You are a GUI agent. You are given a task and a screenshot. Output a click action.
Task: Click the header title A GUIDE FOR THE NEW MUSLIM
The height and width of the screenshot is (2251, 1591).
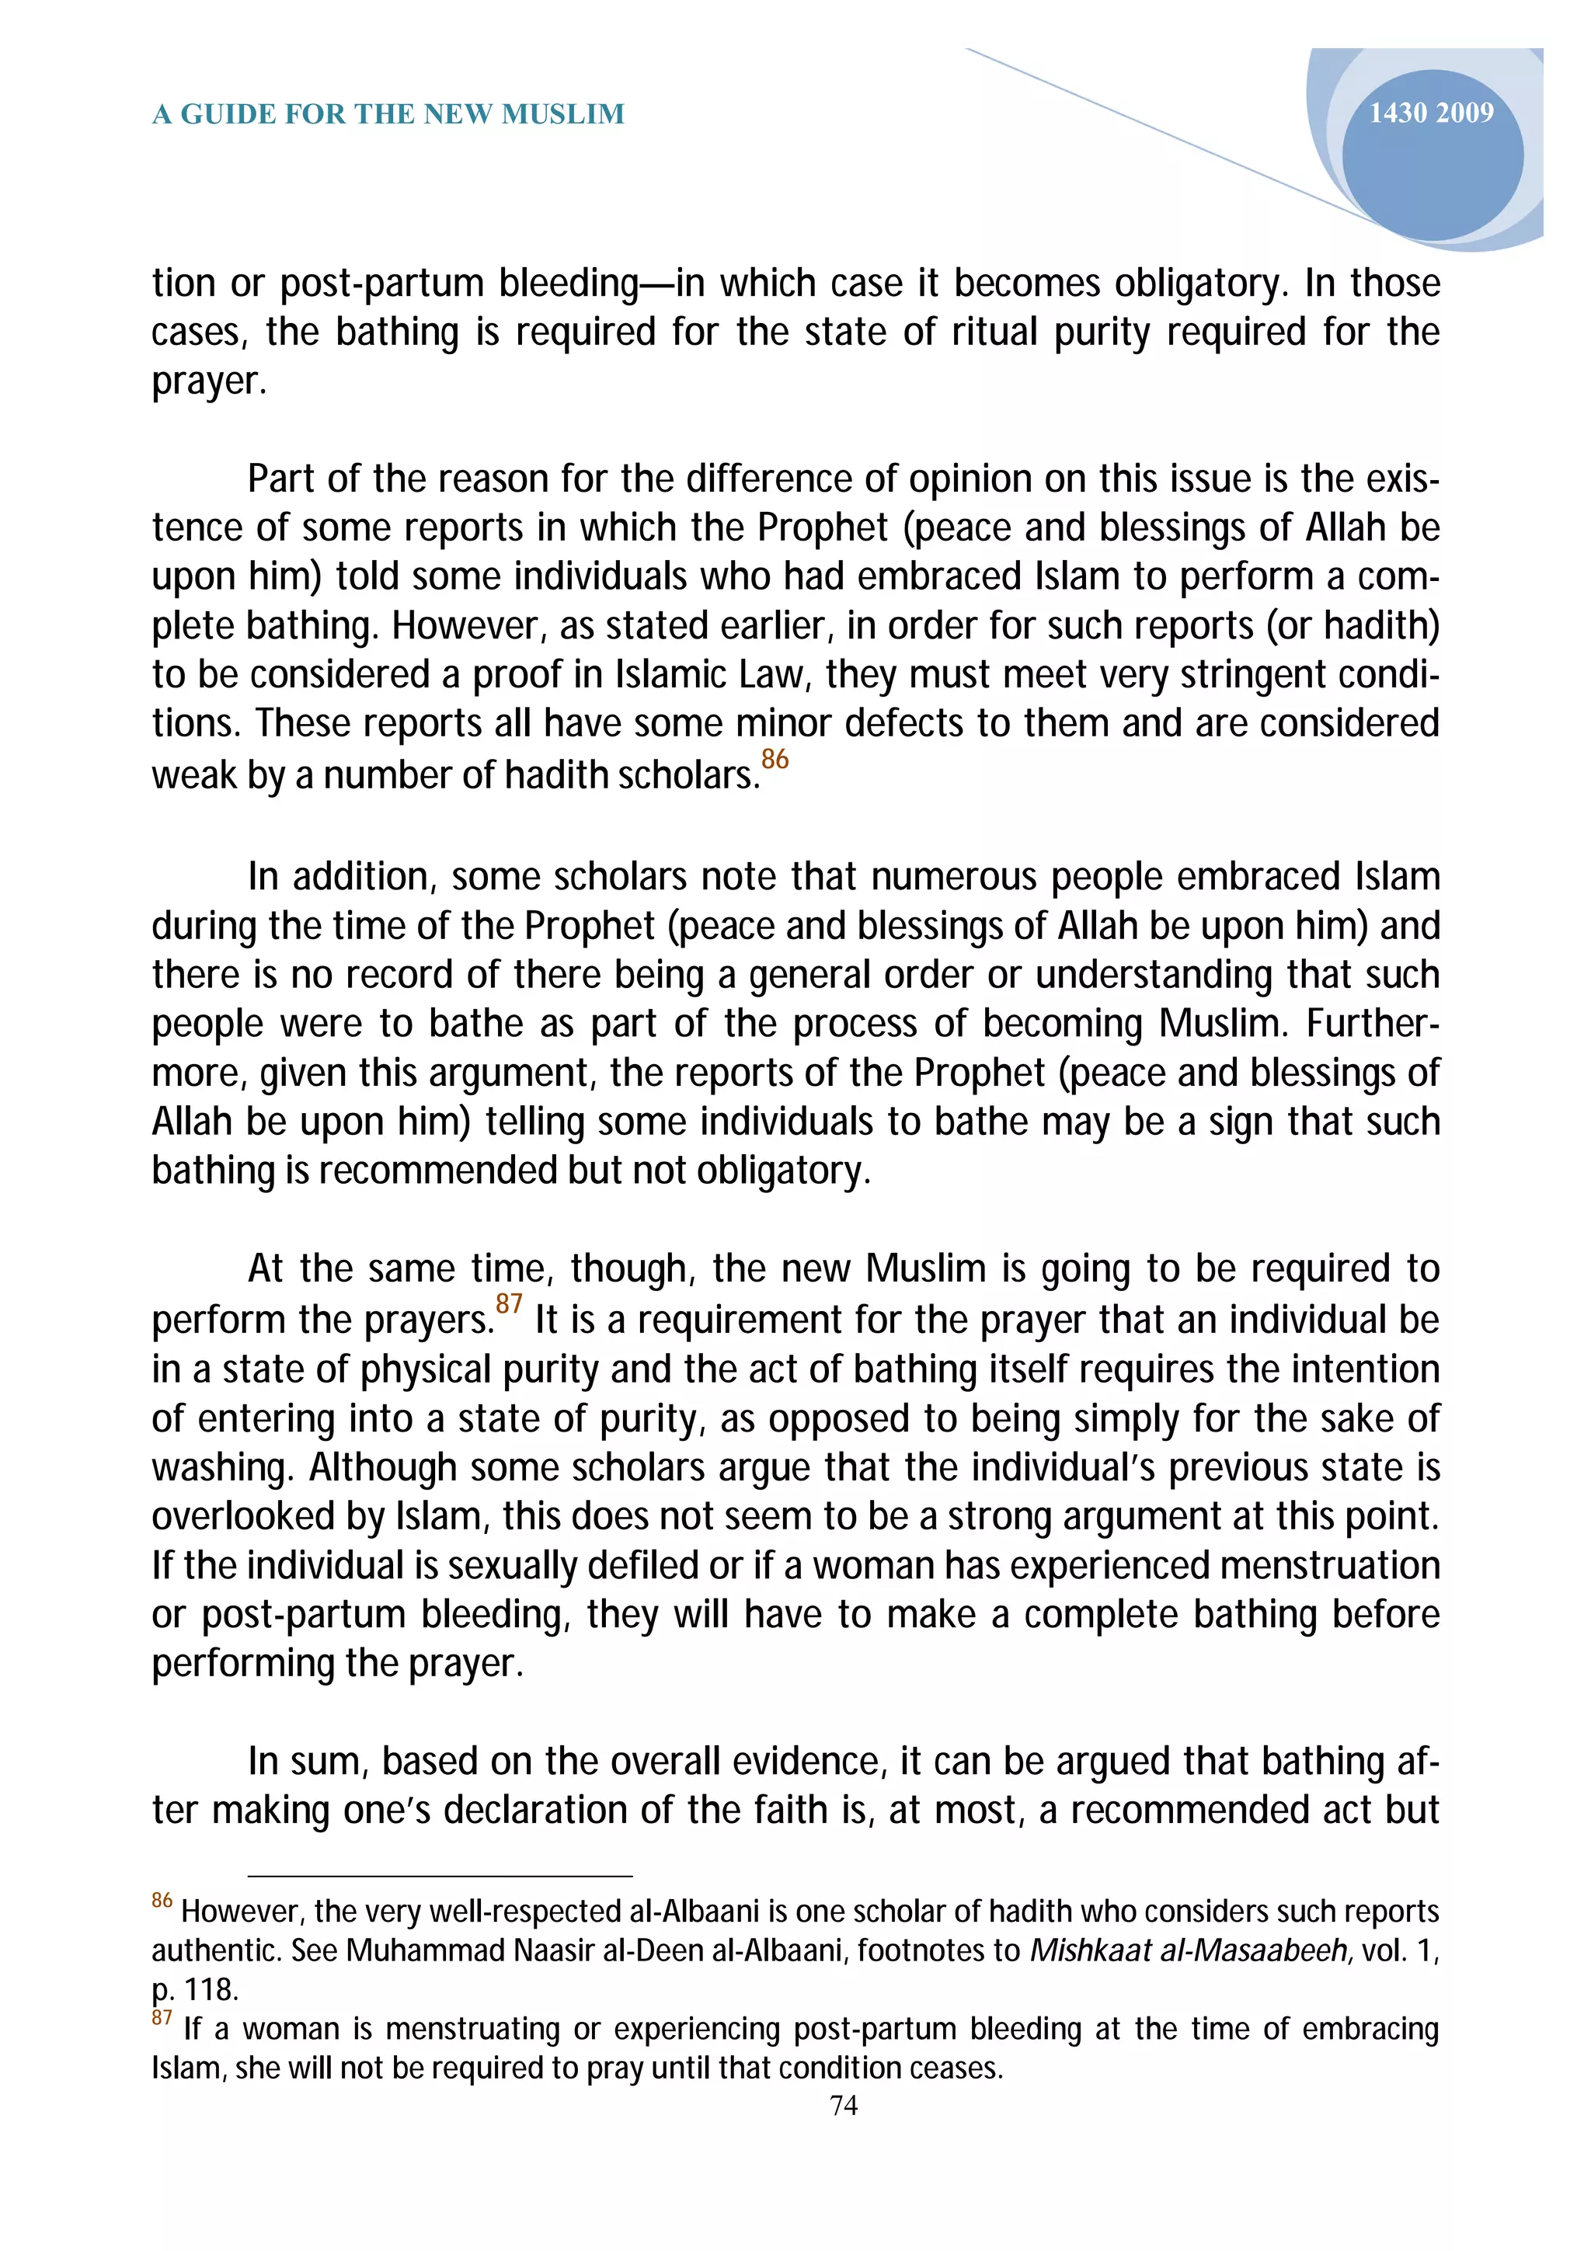pyautogui.click(x=388, y=115)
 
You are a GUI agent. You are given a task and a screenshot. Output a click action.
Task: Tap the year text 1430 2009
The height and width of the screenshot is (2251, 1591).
pyautogui.click(x=1430, y=113)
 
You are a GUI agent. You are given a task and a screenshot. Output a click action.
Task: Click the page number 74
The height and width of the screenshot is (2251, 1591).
pyautogui.click(x=843, y=2105)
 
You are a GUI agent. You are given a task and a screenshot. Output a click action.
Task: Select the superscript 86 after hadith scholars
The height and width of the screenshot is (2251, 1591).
pyautogui.click(x=775, y=759)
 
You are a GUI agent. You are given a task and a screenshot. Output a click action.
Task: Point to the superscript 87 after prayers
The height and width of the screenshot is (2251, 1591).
pyautogui.click(x=509, y=1304)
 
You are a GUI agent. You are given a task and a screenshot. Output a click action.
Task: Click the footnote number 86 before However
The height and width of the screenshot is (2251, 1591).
pyautogui.click(x=162, y=1901)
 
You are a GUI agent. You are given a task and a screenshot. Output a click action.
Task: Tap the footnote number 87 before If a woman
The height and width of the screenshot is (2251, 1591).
pyautogui.click(x=162, y=2018)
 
